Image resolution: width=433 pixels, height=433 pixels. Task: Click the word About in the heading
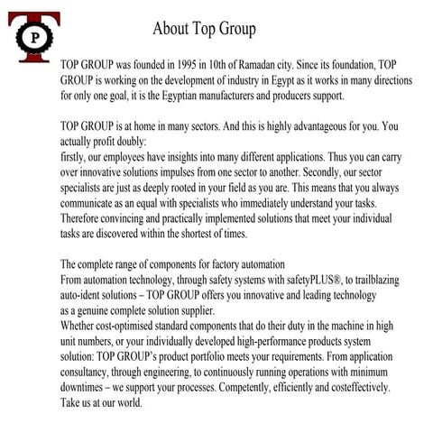coord(170,29)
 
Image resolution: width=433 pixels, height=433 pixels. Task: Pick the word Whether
coord(81,321)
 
